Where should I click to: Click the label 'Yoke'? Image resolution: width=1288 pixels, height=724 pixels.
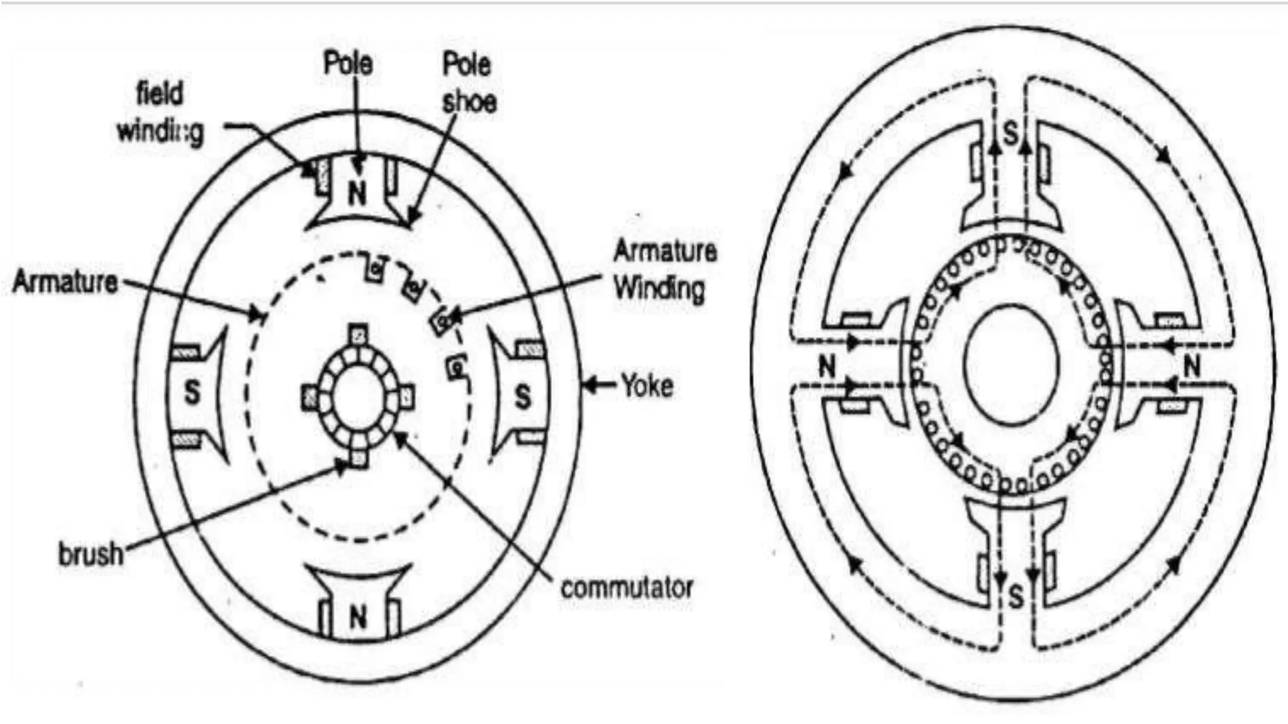point(647,385)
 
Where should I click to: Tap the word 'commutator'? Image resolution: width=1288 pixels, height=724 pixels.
point(626,588)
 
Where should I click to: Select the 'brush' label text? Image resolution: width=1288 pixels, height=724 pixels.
point(91,554)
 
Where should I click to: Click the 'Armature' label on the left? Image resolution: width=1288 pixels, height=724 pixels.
point(65,282)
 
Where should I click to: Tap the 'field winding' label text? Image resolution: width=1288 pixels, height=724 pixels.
point(161,113)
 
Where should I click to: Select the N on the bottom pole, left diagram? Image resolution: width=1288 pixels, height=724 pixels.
point(358,617)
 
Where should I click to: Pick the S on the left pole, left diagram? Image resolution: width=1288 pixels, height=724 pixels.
point(192,392)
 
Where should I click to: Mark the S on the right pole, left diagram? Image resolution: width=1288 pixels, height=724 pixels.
point(523,397)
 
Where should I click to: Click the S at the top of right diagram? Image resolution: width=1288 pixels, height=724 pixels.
point(1010,133)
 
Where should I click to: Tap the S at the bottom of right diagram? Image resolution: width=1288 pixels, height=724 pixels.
point(1016,596)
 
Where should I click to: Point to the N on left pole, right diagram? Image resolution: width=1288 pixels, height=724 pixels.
point(827,366)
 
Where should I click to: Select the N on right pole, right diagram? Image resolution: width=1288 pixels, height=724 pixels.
point(1192,366)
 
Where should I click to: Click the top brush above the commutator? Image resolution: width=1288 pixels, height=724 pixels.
point(358,334)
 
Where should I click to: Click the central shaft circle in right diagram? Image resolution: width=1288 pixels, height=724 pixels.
point(1011,365)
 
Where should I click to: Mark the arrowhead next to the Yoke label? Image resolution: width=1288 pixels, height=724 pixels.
point(590,385)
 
